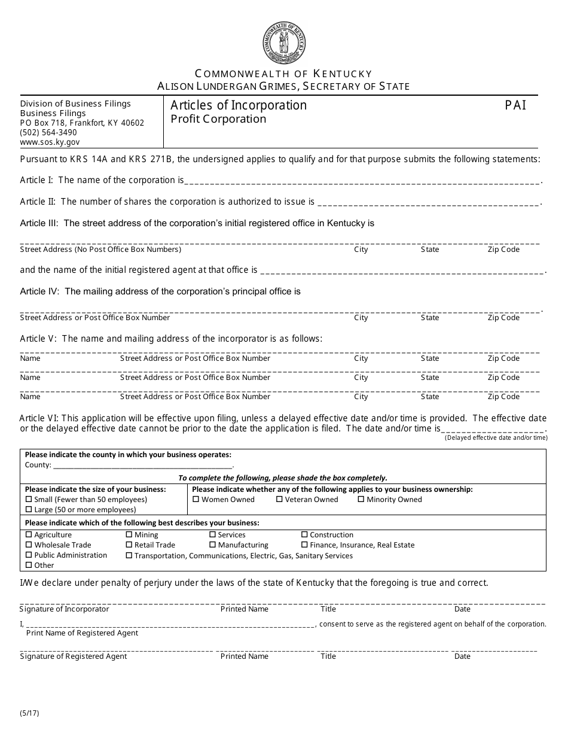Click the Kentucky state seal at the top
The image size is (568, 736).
(x=284, y=42)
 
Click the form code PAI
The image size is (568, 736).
(x=515, y=105)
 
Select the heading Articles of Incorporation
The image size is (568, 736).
(x=239, y=105)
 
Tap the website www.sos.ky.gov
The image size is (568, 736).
(x=50, y=142)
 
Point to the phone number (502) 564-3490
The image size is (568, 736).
(x=48, y=132)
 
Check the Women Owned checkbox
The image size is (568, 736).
(x=196, y=500)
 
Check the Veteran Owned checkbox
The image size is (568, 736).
(x=279, y=500)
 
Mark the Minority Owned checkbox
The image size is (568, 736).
(x=361, y=500)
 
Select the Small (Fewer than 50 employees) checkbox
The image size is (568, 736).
(x=29, y=500)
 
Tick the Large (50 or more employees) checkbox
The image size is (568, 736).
(x=29, y=510)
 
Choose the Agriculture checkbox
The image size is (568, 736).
(x=29, y=535)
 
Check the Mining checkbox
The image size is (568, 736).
(x=129, y=535)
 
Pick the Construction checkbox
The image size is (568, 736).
(x=304, y=535)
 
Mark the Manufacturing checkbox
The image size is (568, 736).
(x=212, y=545)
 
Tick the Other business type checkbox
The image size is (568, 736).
(x=29, y=565)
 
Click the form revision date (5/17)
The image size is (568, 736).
(x=29, y=713)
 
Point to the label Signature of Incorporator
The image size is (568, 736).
(x=65, y=609)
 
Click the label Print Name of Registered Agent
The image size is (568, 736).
(x=82, y=633)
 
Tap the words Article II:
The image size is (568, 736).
(x=39, y=202)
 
